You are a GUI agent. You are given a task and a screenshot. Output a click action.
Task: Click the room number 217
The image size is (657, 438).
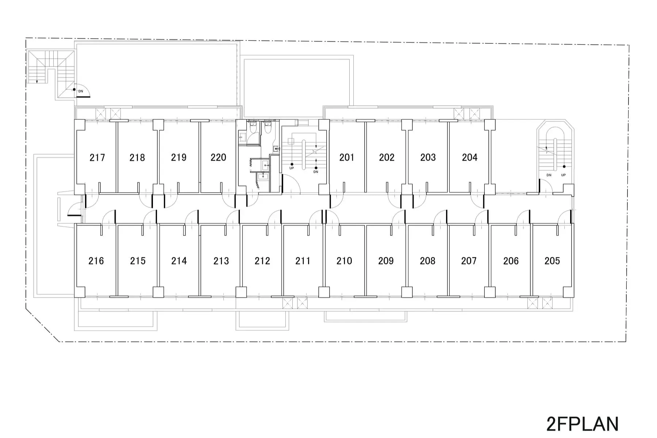coord(97,158)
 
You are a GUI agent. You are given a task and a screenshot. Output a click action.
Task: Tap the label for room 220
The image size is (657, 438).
coord(218,158)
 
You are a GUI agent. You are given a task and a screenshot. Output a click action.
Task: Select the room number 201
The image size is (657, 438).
coord(347,158)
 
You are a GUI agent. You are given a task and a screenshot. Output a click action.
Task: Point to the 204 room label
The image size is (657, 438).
coord(469,158)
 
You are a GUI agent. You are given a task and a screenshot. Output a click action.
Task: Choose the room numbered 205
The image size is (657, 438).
coord(552,261)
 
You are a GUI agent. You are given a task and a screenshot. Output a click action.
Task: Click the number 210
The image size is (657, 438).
coord(344,261)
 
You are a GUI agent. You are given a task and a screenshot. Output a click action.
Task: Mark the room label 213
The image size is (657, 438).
coord(221,261)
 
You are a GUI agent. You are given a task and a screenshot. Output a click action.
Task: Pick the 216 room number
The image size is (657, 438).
coord(96,261)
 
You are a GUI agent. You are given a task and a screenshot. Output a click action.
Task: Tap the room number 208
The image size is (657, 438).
coord(427,261)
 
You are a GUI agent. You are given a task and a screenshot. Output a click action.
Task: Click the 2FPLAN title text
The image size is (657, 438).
coord(583,424)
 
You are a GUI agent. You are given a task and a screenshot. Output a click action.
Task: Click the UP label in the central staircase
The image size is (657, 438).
coord(292,168)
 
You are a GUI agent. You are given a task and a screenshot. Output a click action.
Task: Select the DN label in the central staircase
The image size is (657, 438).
coord(316,172)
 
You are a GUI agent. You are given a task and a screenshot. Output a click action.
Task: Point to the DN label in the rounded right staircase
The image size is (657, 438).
coord(549,175)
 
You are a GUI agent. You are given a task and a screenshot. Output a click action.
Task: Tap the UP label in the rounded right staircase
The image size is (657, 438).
coord(563,175)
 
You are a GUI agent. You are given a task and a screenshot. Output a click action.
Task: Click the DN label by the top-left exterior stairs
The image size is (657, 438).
coord(81,91)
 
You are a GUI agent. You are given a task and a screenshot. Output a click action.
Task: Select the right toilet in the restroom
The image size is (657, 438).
coord(268,127)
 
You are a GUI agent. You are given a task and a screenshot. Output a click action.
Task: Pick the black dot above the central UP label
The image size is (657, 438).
coord(292,165)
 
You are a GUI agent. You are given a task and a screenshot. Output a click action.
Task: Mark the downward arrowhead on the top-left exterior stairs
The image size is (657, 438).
coord(37,82)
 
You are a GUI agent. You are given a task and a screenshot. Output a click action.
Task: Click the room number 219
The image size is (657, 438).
coord(179,158)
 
